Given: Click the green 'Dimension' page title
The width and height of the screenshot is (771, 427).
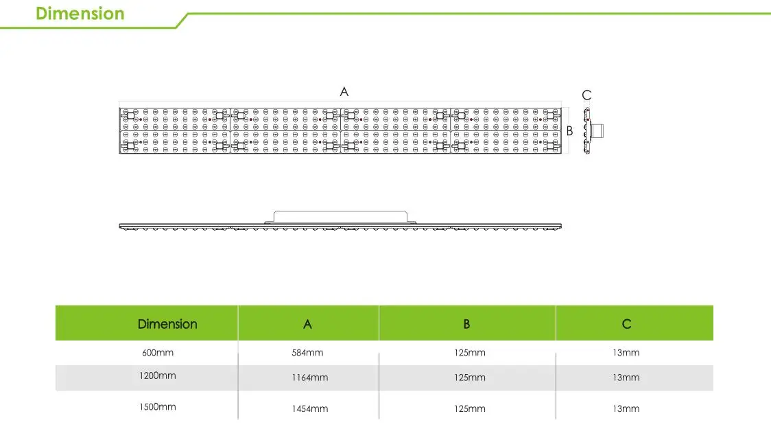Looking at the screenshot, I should [x=80, y=14].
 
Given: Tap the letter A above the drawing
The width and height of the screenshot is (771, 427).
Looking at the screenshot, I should [x=344, y=92].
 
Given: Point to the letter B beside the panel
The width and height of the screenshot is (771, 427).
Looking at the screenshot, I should [x=569, y=131].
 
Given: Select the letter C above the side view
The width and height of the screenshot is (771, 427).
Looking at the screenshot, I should [x=586, y=95].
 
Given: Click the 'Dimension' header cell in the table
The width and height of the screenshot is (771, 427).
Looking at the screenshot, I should [x=167, y=324].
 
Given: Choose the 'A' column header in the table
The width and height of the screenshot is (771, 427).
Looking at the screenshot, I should [x=307, y=324].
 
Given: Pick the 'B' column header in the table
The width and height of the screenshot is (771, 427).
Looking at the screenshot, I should [x=466, y=324].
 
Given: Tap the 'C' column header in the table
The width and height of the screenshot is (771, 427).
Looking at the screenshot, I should [x=626, y=324].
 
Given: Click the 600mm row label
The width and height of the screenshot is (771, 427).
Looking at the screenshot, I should [x=158, y=353].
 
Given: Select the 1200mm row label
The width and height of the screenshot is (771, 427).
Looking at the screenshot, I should [x=158, y=376].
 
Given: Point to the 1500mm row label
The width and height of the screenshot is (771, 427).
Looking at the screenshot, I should [x=158, y=407].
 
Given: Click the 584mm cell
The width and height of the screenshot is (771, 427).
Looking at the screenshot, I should [x=307, y=353].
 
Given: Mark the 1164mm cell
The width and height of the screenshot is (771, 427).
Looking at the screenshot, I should [x=309, y=378].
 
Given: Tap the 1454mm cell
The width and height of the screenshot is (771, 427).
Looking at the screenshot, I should [x=309, y=408].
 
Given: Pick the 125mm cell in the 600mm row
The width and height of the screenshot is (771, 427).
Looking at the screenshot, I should [x=470, y=353].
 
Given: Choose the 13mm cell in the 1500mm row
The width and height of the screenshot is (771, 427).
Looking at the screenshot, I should [x=626, y=408].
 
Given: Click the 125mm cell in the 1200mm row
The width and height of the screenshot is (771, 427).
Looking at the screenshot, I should [x=470, y=378].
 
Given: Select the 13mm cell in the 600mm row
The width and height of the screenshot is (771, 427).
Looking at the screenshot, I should [x=626, y=353].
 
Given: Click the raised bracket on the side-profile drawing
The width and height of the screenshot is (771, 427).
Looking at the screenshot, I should [x=341, y=216].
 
